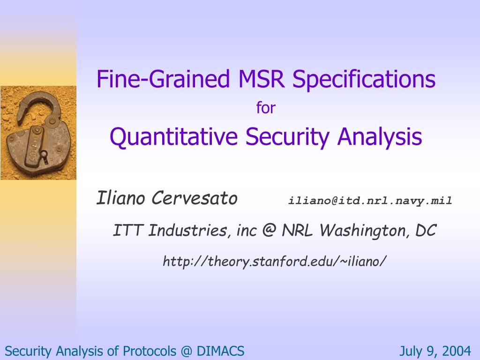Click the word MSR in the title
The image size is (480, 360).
[x=261, y=79]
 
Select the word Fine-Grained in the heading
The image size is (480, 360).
[x=163, y=79]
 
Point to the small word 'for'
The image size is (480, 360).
[x=266, y=108]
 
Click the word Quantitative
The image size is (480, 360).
[x=173, y=136]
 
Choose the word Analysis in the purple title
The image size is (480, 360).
[x=380, y=136]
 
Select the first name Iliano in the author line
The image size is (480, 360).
[x=120, y=198]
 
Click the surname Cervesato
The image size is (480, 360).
[x=195, y=198]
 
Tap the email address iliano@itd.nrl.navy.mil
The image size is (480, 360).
[x=370, y=201]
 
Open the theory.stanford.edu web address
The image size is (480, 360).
[x=274, y=262]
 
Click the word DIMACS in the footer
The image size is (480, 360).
[x=220, y=351]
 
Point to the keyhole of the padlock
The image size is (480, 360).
[x=45, y=156]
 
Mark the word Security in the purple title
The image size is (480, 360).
[x=287, y=136]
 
